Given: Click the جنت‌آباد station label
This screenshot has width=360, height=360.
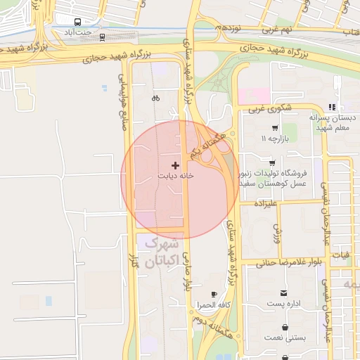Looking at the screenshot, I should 78,32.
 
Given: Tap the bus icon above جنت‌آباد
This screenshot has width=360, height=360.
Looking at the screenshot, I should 77,21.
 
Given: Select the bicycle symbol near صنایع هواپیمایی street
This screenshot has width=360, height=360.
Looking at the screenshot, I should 155,98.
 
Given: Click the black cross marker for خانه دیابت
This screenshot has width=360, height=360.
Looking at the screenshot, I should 175,165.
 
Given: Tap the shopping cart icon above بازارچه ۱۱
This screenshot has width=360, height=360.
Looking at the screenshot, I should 274,129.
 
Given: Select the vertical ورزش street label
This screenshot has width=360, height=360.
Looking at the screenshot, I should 277,229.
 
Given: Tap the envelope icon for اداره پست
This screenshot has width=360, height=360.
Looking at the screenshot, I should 283,292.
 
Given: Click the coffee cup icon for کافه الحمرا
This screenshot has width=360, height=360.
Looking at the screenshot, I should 214,295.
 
